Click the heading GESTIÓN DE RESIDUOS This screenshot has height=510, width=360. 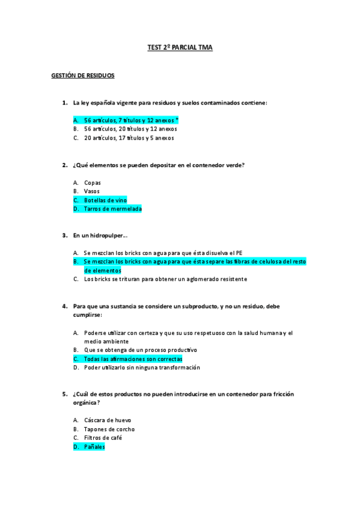tap(82, 76)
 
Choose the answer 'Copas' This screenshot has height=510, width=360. tap(92, 182)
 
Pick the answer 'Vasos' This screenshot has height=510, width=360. tap(91, 191)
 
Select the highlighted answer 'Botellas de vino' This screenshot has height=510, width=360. tap(105, 200)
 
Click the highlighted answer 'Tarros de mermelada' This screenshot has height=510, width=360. tap(112, 209)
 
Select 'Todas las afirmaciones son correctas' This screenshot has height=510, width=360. tap(133, 358)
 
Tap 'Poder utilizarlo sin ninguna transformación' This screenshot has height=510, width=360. tap(142, 367)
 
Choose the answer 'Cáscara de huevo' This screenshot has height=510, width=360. tap(108, 420)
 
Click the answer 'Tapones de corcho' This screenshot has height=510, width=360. tap(109, 429)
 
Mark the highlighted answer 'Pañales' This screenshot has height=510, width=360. tap(94, 447)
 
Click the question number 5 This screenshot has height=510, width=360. tap(64, 394)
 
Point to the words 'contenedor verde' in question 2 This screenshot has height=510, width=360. tap(219, 165)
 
